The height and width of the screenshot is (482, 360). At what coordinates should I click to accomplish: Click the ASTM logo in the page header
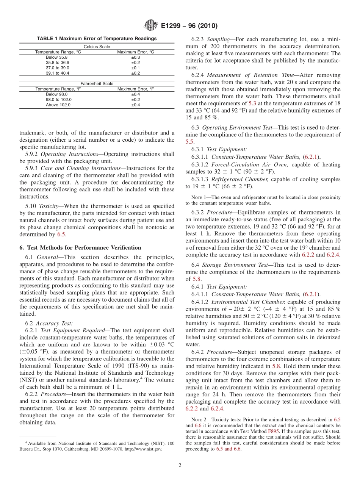click(150, 26)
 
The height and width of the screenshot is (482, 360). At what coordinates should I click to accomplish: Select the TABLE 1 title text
click(97, 39)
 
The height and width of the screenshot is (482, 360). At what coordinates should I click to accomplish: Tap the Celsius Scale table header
click(97, 47)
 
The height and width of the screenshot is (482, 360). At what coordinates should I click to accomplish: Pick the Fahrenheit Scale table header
click(97, 84)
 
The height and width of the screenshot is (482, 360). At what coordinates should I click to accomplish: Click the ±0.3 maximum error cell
click(136, 57)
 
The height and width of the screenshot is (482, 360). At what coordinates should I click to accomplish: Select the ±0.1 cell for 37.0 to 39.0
click(136, 68)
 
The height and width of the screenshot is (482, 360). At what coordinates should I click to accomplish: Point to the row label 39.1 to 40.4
click(58, 73)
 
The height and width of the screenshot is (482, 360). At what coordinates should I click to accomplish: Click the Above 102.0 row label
click(58, 105)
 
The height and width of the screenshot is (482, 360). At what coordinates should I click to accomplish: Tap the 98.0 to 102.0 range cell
click(59, 100)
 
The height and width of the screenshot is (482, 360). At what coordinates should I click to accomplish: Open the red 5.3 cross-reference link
click(252, 103)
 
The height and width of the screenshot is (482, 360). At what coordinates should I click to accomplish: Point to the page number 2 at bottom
click(180, 465)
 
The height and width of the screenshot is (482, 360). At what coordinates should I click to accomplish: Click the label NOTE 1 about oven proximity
click(198, 197)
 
